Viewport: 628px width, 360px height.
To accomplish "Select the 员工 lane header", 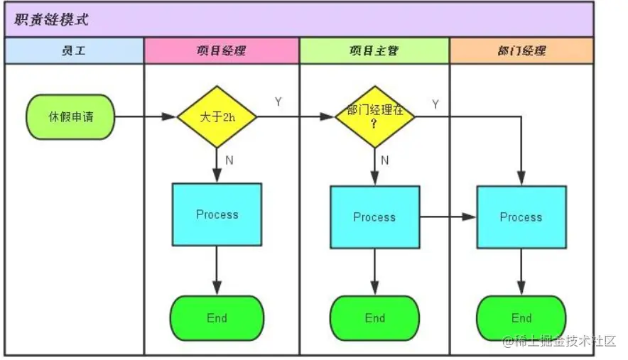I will (x=74, y=51).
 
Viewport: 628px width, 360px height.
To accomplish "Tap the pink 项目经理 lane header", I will (x=222, y=51).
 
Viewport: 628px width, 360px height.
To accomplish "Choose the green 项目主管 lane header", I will (x=374, y=51).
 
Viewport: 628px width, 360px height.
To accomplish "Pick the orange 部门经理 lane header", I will (x=521, y=51).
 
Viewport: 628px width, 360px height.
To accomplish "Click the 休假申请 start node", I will (x=70, y=116).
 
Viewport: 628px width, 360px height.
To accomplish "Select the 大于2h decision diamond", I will (x=217, y=116).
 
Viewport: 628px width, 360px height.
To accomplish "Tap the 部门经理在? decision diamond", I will (x=374, y=116).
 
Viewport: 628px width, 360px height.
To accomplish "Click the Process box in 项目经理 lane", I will (x=217, y=214).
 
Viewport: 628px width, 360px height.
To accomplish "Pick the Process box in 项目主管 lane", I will (x=374, y=217).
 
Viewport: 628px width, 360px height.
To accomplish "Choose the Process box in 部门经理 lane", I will (x=521, y=217).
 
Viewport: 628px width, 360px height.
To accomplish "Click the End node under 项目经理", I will (x=217, y=317).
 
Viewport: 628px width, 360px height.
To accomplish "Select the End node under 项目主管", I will (x=374, y=317).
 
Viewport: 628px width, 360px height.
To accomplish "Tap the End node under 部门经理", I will (x=521, y=317).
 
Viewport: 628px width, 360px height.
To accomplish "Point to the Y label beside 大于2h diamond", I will (x=278, y=102).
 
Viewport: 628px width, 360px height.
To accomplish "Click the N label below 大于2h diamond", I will (x=229, y=160).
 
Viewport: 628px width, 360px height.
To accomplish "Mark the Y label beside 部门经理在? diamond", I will (x=435, y=104).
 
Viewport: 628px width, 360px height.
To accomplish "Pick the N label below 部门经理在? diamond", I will (x=385, y=160).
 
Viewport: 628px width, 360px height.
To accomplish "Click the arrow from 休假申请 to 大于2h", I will (x=145, y=116).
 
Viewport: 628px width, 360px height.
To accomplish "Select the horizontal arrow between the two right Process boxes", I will (x=448, y=217).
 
